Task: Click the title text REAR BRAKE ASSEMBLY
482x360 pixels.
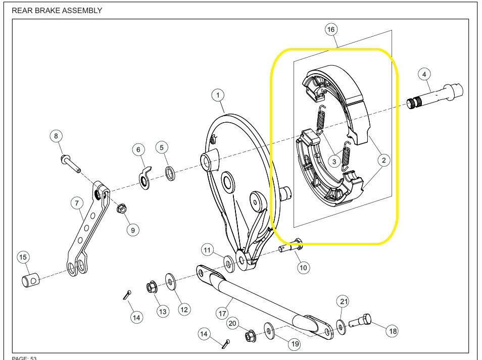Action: (x=57, y=11)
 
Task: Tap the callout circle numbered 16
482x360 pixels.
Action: (x=331, y=30)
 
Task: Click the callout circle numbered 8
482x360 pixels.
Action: (x=56, y=136)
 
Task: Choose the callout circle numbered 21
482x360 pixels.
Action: (x=344, y=302)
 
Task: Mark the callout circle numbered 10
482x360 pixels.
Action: (x=303, y=268)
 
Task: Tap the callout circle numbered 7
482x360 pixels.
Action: (x=76, y=203)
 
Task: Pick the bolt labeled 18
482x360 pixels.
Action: (x=364, y=320)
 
